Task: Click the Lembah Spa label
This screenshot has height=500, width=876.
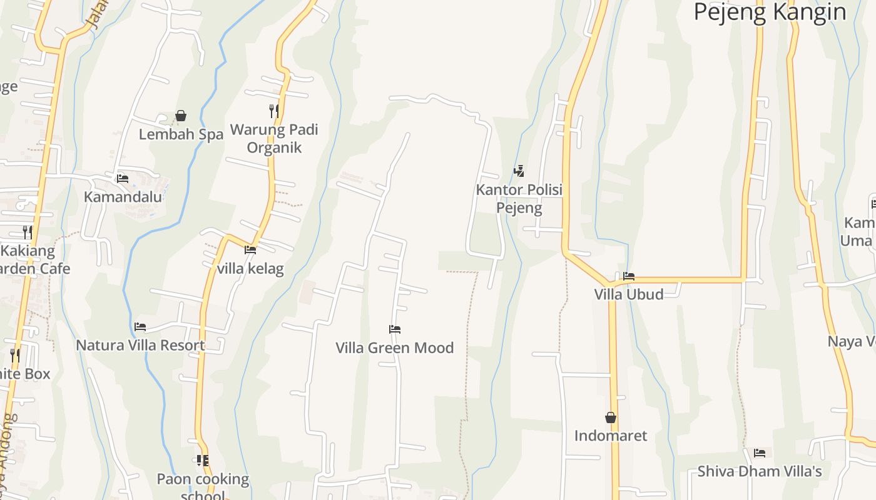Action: pyautogui.click(x=181, y=134)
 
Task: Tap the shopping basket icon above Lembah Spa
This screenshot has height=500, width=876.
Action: pyautogui.click(x=181, y=116)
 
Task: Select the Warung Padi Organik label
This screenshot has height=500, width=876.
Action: pyautogui.click(x=274, y=138)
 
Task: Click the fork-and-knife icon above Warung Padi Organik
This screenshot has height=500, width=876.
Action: pyautogui.click(x=274, y=111)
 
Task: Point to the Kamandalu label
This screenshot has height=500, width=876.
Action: pyautogui.click(x=123, y=197)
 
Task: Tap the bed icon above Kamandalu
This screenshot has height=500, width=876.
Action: pyautogui.click(x=123, y=178)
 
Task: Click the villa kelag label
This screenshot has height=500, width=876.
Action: pyautogui.click(x=250, y=269)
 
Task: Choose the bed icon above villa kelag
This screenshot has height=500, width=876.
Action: pyautogui.click(x=250, y=250)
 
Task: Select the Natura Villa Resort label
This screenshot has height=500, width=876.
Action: pyautogui.click(x=140, y=345)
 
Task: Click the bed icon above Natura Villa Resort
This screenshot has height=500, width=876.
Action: pyautogui.click(x=140, y=326)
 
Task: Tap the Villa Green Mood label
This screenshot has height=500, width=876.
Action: pyautogui.click(x=394, y=347)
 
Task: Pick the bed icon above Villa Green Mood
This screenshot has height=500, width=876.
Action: pyautogui.click(x=394, y=329)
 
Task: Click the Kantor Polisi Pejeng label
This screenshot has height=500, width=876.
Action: pyautogui.click(x=519, y=198)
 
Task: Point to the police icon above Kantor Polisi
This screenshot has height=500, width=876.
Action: pyautogui.click(x=519, y=171)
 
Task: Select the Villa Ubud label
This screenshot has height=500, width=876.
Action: pyautogui.click(x=629, y=294)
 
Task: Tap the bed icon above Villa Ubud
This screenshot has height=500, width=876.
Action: pyautogui.click(x=629, y=276)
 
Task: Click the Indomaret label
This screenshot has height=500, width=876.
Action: pyautogui.click(x=611, y=436)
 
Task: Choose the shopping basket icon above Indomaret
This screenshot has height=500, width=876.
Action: pyautogui.click(x=611, y=417)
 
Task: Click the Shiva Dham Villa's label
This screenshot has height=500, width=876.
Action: pyautogui.click(x=760, y=471)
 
